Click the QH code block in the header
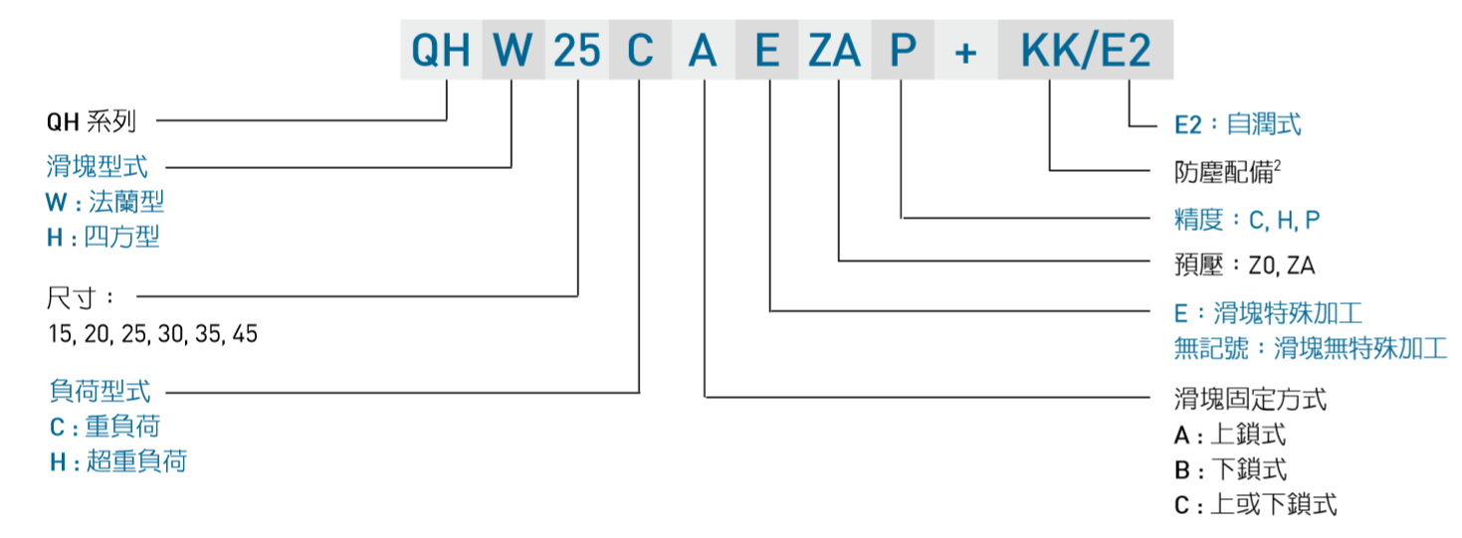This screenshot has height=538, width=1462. coord(441,51)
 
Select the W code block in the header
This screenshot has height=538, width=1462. coord(514,51)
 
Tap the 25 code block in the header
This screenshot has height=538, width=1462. coord(577,51)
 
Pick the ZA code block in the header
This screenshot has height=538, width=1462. coord(835,51)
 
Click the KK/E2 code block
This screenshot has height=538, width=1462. coord(1086,51)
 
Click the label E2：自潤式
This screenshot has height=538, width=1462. coord(1237,124)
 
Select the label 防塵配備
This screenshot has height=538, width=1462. coord(1227,171)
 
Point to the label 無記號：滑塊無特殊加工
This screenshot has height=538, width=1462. coord(1310,348)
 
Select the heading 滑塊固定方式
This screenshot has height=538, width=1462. coord(1250,400)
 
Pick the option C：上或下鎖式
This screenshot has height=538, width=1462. coord(1255,504)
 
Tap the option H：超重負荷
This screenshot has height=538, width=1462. coord(117,461)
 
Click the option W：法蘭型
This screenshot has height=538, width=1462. coord(104,202)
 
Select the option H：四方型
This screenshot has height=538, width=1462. coord(103,237)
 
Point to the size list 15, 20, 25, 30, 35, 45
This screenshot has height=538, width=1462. coord(152,334)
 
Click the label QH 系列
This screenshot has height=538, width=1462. coord(91,122)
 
